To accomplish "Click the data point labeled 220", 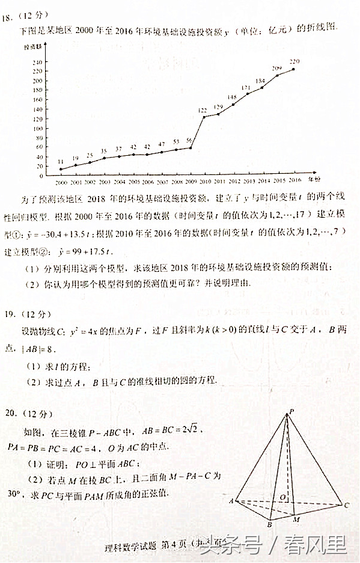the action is [x=293, y=69].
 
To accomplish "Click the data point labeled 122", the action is [x=204, y=117].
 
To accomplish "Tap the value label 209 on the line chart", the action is [x=277, y=68].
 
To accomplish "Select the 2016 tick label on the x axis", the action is [x=294, y=180].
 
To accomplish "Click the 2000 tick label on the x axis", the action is [x=61, y=181].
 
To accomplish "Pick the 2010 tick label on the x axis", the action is [x=204, y=181].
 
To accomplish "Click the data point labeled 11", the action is [x=61, y=169].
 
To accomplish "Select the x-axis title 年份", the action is [x=314, y=179].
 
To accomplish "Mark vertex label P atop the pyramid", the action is [x=291, y=411].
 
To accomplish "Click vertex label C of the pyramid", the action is [x=346, y=505].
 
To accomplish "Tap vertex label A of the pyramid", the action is [x=231, y=500].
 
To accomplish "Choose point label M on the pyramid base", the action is [x=295, y=518].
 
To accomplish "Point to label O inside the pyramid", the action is [x=282, y=497].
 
